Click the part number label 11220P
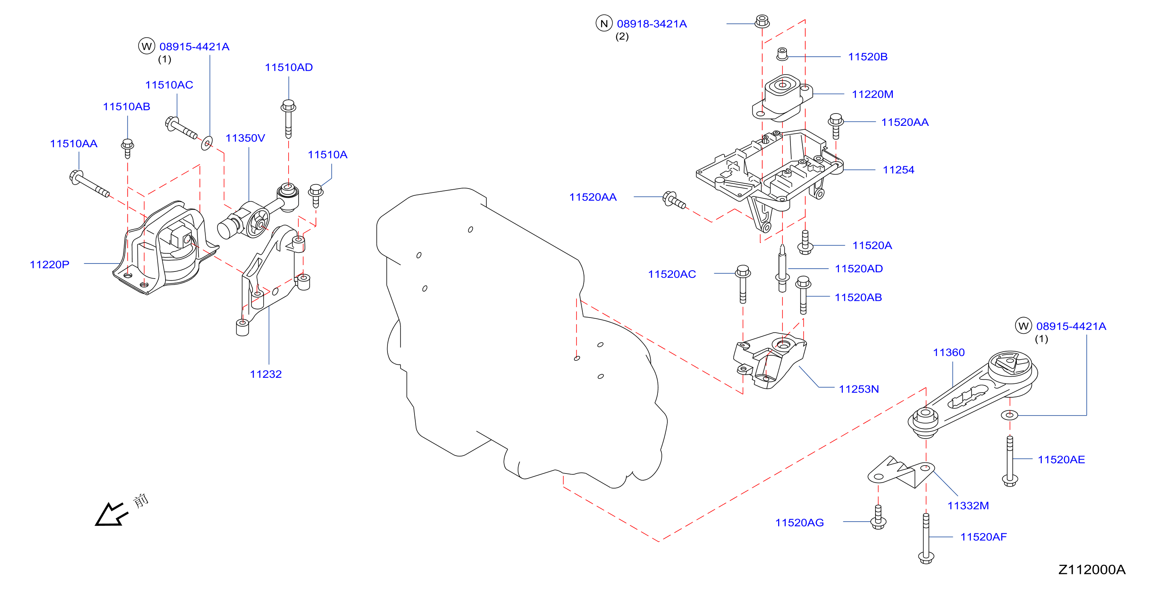pos(50,264)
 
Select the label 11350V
pos(245,138)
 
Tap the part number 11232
pos(266,374)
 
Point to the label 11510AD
pos(289,67)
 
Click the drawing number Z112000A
pos(1091,570)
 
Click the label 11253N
pos(859,389)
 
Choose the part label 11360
pos(948,352)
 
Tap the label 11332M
pos(968,505)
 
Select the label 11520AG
pos(799,523)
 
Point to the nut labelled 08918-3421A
pos(762,21)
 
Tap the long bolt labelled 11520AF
pos(926,539)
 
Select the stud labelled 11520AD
pos(782,268)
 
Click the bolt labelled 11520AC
pos(743,284)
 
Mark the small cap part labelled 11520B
pos(782,54)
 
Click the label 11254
pos(898,169)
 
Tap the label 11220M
pos(873,94)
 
